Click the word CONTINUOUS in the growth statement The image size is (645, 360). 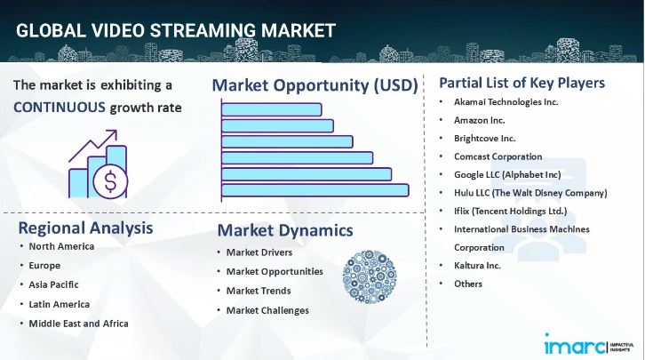59,108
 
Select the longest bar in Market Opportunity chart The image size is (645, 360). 315,189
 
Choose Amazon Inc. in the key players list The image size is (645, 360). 481,120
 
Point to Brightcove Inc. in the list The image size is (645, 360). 484,138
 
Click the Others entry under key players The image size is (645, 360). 468,284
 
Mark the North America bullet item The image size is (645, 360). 61,246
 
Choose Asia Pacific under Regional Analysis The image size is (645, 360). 53,284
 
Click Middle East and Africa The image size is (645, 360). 78,323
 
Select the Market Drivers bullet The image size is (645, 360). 261,252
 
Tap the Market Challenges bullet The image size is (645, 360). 267,310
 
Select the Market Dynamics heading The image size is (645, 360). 284,230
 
